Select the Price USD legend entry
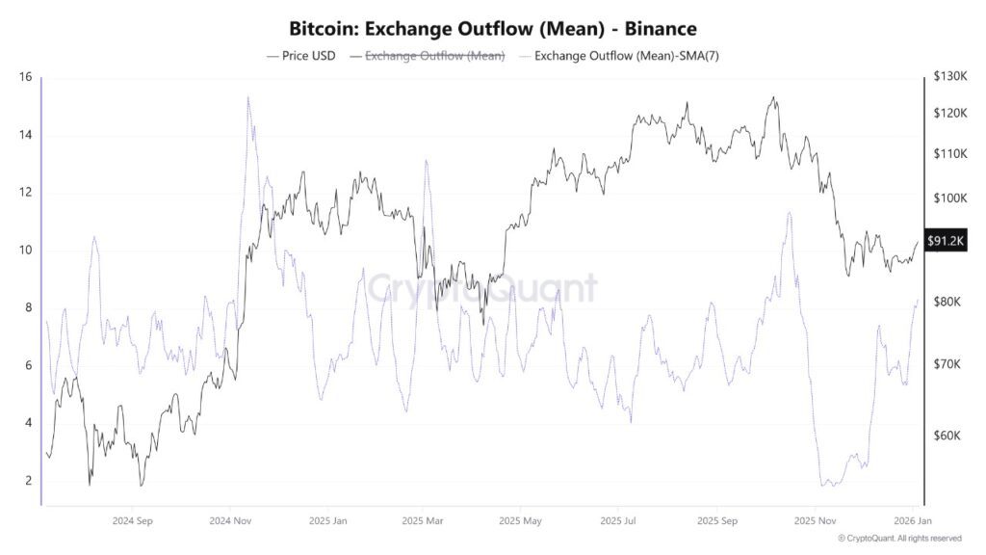(x=301, y=56)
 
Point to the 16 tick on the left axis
(x=25, y=77)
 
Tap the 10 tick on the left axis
(x=25, y=251)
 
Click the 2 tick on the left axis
(x=28, y=481)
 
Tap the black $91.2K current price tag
(x=945, y=241)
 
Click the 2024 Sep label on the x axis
(x=132, y=521)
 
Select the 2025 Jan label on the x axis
(x=328, y=521)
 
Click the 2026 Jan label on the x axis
(x=911, y=521)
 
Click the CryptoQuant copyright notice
(x=899, y=539)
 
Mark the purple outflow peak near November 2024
(x=248, y=97)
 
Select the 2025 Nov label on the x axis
(x=815, y=521)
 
